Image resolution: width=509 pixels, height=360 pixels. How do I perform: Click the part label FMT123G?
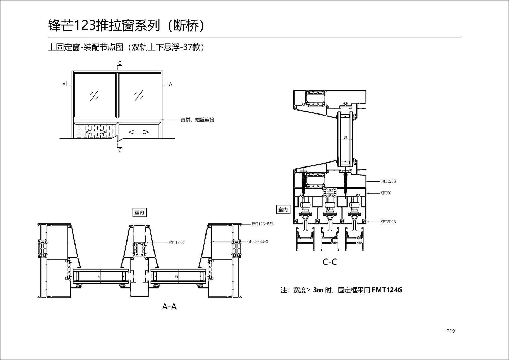[x=388, y=181]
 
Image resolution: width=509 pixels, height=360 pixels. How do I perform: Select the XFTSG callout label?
[x=386, y=193]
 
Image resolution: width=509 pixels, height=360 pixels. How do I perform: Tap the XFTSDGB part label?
[x=388, y=222]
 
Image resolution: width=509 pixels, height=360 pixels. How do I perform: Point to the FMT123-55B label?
[x=262, y=224]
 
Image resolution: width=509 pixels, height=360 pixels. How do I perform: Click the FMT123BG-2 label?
[x=257, y=242]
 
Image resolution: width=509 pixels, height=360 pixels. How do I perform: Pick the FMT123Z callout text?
[x=176, y=243]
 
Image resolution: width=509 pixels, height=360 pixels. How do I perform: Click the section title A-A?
[x=169, y=306]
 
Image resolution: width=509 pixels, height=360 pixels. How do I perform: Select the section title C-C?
[x=330, y=262]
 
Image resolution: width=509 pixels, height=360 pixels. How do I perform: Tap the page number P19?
[x=450, y=331]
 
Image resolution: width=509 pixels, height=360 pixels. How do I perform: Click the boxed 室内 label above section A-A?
[x=139, y=212]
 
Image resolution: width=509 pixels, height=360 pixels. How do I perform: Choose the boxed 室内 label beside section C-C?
[x=283, y=209]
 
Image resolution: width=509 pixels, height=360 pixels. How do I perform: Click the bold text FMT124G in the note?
[x=387, y=290]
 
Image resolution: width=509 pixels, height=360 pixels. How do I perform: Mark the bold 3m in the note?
[x=318, y=290]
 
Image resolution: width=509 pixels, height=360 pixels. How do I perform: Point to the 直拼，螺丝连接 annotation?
[x=197, y=120]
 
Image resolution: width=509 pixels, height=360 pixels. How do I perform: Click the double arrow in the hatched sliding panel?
[x=95, y=132]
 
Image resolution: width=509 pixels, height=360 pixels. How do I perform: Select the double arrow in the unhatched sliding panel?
[x=138, y=132]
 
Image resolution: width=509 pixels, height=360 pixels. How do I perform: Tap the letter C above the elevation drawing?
[x=120, y=63]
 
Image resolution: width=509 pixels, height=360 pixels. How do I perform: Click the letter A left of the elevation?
[x=64, y=85]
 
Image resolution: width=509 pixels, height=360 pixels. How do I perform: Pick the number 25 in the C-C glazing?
[x=345, y=137]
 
